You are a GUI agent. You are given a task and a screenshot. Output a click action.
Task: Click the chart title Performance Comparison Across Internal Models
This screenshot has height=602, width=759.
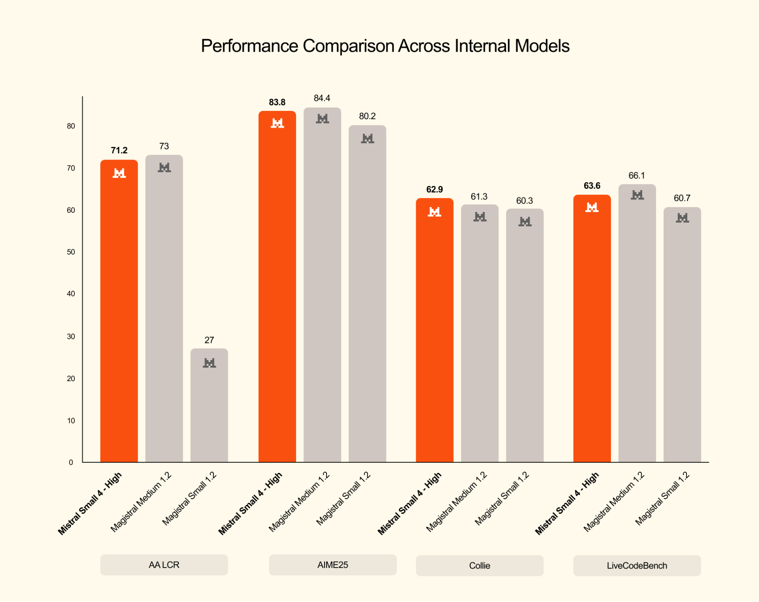click(x=385, y=46)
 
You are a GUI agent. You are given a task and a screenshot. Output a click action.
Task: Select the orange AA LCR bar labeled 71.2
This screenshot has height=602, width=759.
click(x=119, y=311)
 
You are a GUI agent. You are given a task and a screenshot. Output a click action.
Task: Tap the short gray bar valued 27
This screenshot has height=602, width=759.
click(x=209, y=406)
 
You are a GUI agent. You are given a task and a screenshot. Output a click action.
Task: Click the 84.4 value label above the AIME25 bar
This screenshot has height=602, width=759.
click(x=322, y=98)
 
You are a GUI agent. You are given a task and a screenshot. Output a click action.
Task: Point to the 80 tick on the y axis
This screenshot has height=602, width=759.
click(x=71, y=126)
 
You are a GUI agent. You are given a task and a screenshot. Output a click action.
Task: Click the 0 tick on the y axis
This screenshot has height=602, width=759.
click(x=71, y=462)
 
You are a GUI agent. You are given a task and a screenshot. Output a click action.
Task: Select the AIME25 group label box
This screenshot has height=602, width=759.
click(x=333, y=565)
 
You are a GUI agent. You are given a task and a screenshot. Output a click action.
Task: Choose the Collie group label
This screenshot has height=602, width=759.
click(x=480, y=566)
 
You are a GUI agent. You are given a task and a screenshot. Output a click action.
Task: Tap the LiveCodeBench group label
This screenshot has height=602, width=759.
click(x=637, y=566)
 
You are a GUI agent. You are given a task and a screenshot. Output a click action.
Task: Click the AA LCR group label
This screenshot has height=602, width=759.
click(x=164, y=565)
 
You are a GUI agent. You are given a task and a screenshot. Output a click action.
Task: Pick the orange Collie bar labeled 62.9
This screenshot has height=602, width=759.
click(x=434, y=330)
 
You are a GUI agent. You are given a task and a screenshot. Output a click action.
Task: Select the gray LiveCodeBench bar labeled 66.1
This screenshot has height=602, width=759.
click(x=637, y=323)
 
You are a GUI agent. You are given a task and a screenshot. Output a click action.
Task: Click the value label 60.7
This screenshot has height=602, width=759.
click(x=682, y=198)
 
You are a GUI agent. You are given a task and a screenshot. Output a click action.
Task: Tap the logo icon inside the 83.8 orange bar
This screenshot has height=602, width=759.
click(x=277, y=123)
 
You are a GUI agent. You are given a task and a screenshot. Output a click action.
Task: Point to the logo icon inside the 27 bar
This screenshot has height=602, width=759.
click(x=209, y=363)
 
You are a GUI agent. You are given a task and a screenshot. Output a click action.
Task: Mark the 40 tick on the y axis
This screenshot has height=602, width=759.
click(x=71, y=294)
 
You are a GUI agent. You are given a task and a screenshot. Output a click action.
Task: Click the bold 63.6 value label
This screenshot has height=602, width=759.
click(x=592, y=186)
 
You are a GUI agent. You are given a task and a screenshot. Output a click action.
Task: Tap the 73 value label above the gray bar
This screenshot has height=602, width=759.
click(x=164, y=146)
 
